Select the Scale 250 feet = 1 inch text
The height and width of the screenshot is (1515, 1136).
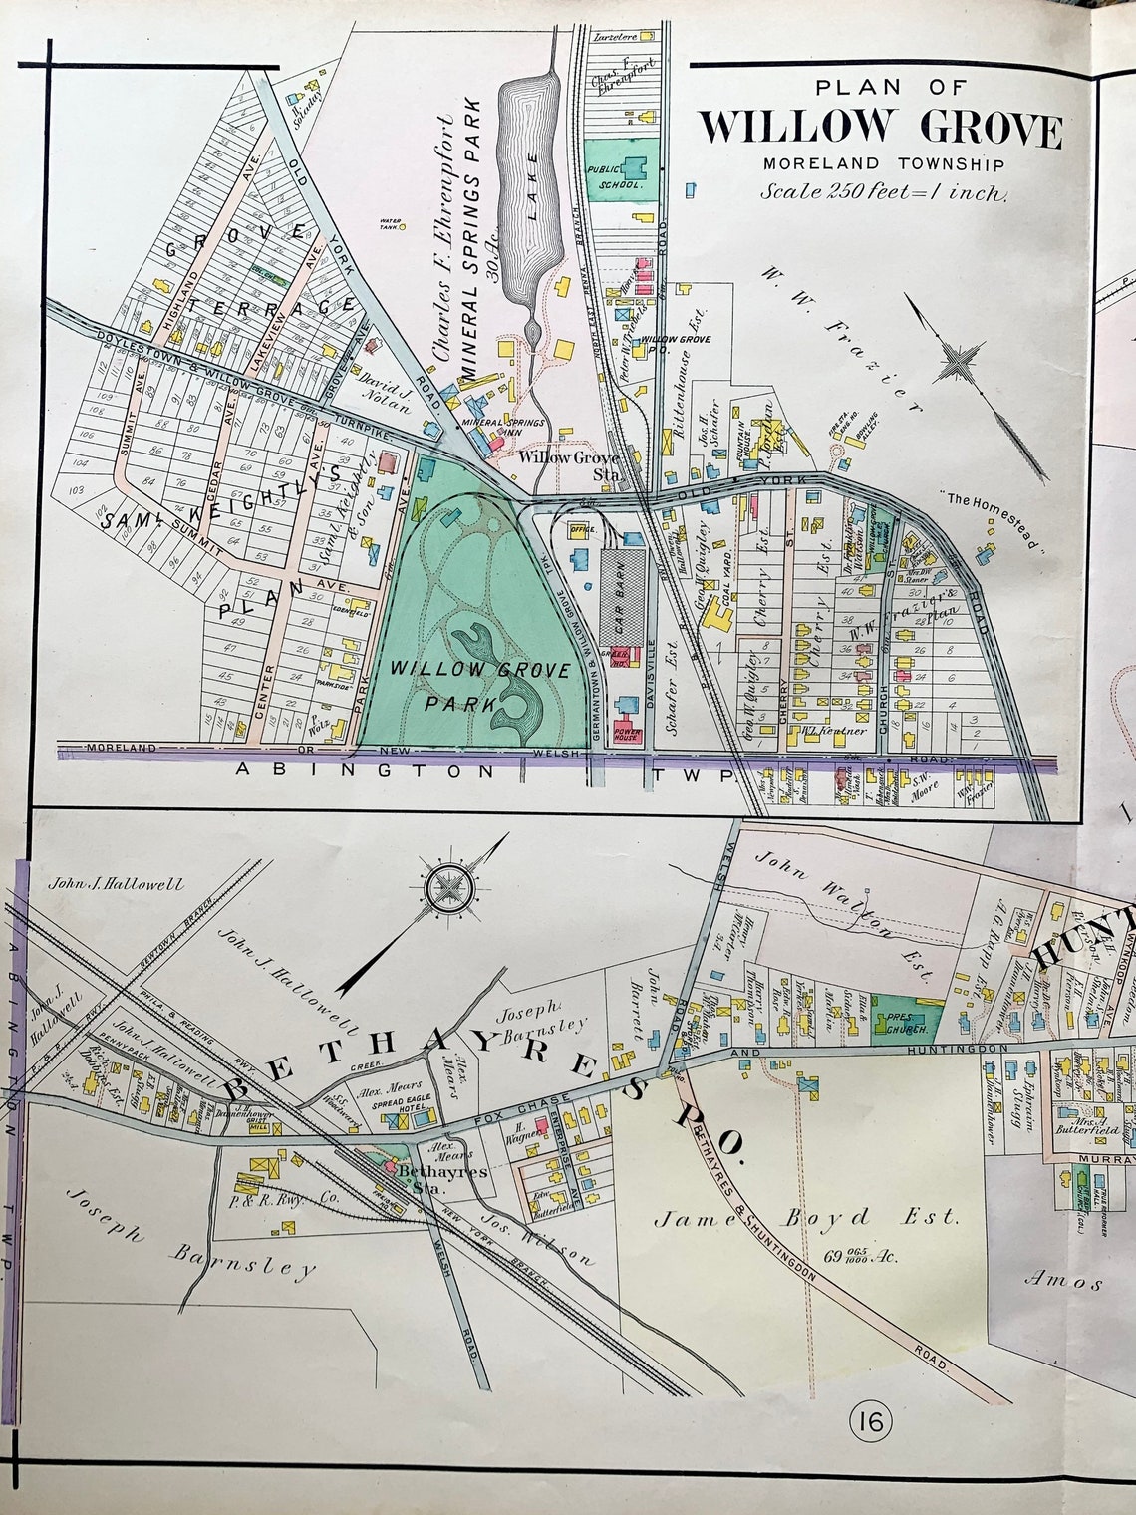pos(884,193)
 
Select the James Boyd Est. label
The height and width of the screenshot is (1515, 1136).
pos(807,1217)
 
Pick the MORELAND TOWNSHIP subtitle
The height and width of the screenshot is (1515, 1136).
pos(884,164)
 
